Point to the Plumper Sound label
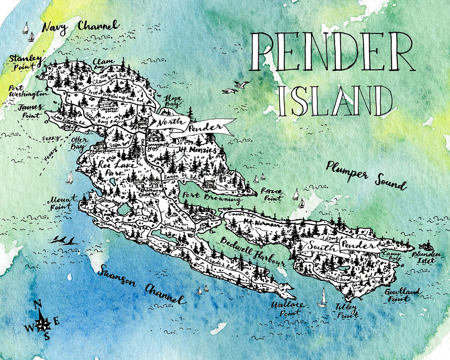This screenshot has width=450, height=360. (x=366, y=175)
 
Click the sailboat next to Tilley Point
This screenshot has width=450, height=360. (x=322, y=298)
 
